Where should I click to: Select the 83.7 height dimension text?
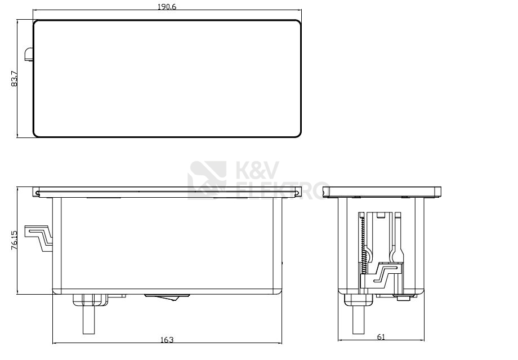[14, 79]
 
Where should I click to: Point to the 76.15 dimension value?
[14, 240]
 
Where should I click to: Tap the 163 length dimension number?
[167, 339]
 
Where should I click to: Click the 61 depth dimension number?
[381, 337]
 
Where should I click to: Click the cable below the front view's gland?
[88, 321]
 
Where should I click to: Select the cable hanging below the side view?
[357, 321]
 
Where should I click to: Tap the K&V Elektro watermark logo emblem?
[207, 180]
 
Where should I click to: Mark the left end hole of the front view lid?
[37, 194]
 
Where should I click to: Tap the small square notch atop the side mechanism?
[381, 215]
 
